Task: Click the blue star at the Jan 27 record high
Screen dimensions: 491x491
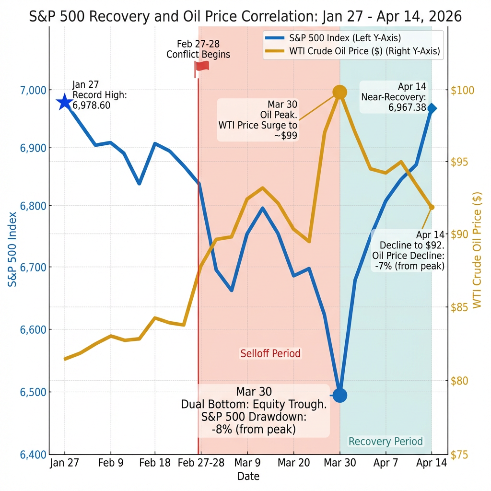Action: [64, 102]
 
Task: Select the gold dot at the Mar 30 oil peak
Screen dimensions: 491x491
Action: [339, 92]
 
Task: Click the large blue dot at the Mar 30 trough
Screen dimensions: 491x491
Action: [339, 395]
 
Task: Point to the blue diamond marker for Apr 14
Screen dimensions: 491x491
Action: [432, 108]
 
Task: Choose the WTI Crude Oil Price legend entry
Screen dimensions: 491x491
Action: [352, 51]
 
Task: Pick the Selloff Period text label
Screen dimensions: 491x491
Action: [270, 354]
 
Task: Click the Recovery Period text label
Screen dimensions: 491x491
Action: [386, 441]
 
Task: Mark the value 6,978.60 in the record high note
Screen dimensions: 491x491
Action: [92, 105]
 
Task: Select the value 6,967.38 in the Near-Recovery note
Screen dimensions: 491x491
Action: [407, 107]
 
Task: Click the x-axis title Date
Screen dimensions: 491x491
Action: [248, 476]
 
